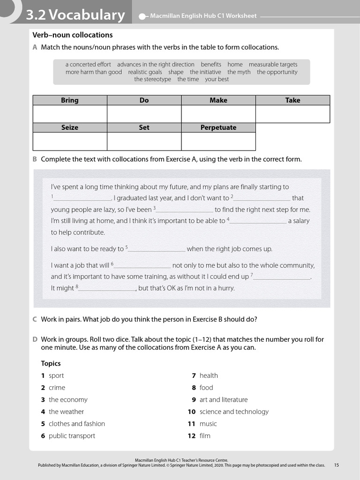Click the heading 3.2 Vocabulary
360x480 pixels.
pos(75,15)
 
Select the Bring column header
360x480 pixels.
pos(70,100)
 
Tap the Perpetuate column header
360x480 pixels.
pos(218,127)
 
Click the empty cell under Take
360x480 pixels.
pos(292,114)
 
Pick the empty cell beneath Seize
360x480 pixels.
pos(70,141)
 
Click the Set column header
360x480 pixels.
pos(144,127)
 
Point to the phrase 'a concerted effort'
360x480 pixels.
pos(88,65)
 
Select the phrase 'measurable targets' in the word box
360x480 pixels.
pos(273,65)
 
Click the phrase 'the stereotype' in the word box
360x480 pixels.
pos(152,80)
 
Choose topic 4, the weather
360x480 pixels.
pos(66,412)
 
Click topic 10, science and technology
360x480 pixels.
pos(234,412)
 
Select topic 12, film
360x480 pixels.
pos(205,436)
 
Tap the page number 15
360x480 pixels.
pos(337,465)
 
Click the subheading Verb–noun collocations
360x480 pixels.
pos(73,35)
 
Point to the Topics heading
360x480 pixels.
pos(51,363)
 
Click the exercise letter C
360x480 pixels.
pos(35,320)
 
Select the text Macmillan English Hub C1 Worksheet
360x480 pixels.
pos(203,16)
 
